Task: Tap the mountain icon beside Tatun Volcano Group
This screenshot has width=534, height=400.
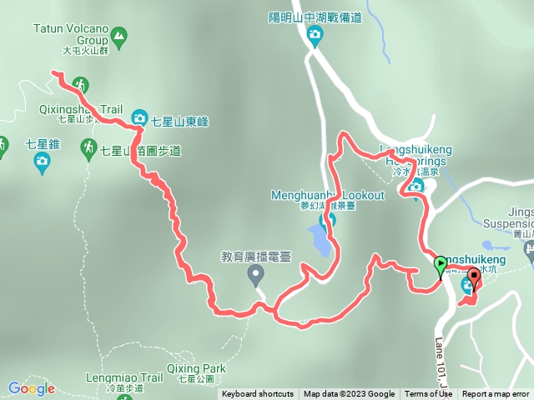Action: coord(119,36)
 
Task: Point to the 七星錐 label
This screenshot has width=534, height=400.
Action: coord(43,143)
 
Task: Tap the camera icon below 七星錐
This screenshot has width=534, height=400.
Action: coord(43,164)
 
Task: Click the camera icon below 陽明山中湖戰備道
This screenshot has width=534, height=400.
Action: coord(315,34)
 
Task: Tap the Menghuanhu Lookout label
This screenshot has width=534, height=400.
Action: coord(328,195)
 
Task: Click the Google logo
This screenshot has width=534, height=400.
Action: coord(31,387)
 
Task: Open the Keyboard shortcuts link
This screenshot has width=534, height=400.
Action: coord(258,394)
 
